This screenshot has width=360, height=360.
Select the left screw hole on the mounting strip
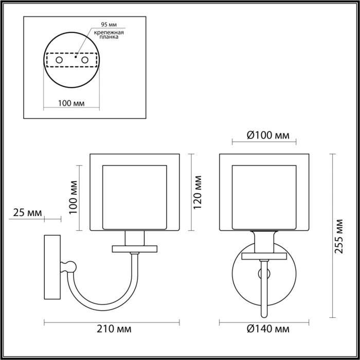pyautogui.click(x=59, y=60)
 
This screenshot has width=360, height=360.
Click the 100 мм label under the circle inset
pyautogui.click(x=71, y=102)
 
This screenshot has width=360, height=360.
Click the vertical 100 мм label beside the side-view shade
pyautogui.click(x=72, y=198)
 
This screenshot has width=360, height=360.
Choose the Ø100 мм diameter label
pyautogui.click(x=265, y=136)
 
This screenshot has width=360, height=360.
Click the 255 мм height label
pyautogui.click(x=338, y=237)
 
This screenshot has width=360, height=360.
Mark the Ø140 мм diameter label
pyautogui.click(x=265, y=329)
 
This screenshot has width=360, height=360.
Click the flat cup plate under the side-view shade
pyautogui.click(x=135, y=249)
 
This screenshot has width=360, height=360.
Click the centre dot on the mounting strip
pyautogui.click(x=75, y=58)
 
